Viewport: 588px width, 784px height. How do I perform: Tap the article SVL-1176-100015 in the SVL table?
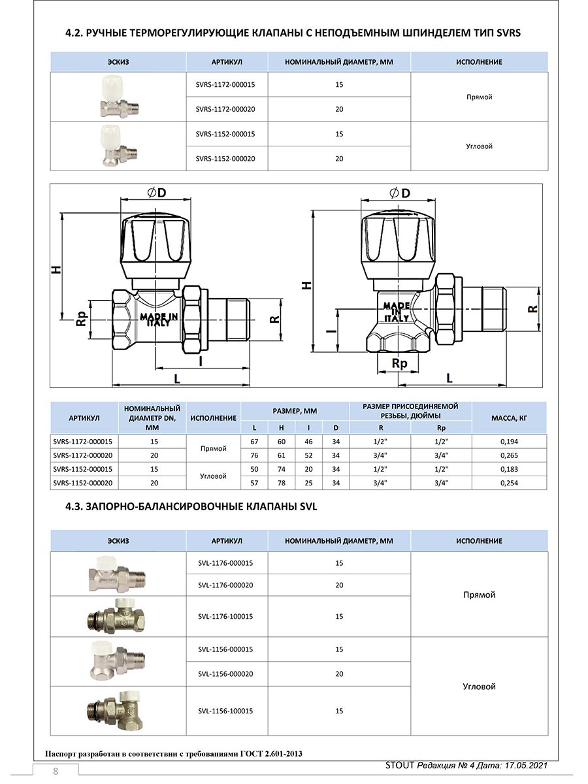[x=225, y=616]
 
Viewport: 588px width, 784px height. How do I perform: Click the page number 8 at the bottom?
[x=56, y=772]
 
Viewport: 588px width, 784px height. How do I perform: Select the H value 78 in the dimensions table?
[x=282, y=483]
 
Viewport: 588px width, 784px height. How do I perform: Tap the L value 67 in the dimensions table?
[x=255, y=442]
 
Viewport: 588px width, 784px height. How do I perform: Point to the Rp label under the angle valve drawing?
[x=399, y=364]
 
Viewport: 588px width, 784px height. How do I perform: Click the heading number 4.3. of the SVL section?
[x=74, y=507]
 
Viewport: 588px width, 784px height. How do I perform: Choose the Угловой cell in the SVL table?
[x=479, y=687]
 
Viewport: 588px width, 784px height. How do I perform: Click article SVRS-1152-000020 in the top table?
[x=225, y=159]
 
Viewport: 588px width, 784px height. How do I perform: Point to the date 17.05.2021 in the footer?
[x=520, y=765]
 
